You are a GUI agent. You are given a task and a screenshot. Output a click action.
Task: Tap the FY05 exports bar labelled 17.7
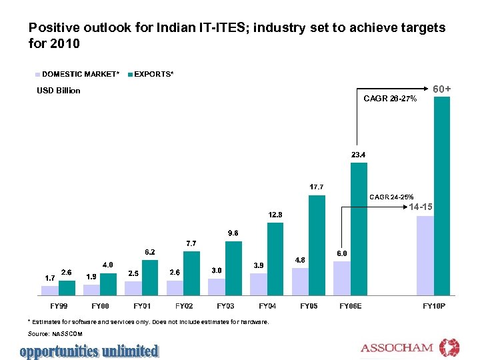317,245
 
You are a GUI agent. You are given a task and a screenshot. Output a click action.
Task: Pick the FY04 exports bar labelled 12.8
275,258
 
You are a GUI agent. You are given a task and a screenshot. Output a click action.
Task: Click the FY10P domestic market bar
425,255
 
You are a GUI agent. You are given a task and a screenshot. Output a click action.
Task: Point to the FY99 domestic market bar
49,290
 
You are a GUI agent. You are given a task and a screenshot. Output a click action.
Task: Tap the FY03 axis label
226,306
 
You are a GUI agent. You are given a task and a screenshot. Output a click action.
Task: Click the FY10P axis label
434,306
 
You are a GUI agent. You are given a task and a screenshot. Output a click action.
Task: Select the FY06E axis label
351,306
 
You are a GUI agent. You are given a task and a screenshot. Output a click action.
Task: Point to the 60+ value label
442,89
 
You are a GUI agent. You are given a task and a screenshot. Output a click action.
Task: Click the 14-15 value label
421,207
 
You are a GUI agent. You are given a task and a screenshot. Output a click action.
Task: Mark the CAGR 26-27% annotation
390,99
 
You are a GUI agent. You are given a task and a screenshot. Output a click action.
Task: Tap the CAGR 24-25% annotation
391,197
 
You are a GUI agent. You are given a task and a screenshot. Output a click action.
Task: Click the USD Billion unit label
58,91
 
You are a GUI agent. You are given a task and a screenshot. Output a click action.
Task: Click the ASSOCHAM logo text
397,348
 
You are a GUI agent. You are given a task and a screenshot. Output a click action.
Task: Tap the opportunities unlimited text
89,351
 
